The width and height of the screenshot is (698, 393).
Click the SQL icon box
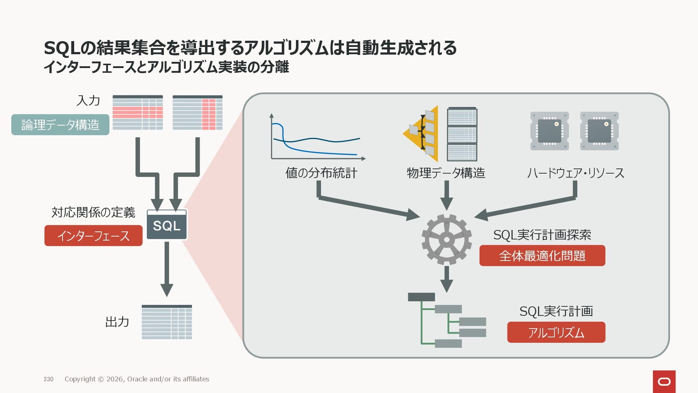pos(167,225)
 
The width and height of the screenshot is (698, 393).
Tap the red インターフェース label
pos(93,236)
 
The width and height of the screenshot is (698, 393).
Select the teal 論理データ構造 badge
pos(60,125)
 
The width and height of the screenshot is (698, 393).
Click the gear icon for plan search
pos(446,239)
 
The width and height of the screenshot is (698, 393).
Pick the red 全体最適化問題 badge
pos(542,255)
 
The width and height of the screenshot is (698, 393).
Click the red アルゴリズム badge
pos(556,332)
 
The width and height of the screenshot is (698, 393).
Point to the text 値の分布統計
pos(321,173)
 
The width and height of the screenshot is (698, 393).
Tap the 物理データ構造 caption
pos(446,173)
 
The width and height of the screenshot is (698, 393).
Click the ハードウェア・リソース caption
pos(575,173)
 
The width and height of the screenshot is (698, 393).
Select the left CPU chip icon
pos(549,131)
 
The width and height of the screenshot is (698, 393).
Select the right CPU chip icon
pos(599,131)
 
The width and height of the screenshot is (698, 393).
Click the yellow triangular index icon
pos(422,133)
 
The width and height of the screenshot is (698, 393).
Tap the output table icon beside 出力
pos(167,322)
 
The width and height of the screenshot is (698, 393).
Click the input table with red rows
pos(137,112)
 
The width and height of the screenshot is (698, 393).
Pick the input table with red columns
pos(197,112)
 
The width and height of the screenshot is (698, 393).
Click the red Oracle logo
pos(664,381)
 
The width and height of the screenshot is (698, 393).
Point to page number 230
pos(48,379)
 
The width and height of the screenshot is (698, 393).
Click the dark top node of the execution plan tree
pos(421,297)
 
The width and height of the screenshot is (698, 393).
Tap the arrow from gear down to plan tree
pos(446,279)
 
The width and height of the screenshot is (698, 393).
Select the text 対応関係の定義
pos(93,212)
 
